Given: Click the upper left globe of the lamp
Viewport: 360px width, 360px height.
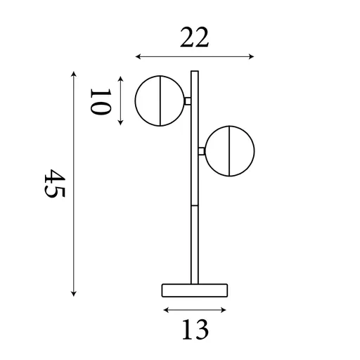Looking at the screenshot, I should click(x=161, y=101).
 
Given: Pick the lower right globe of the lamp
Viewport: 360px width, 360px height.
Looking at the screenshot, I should click(x=231, y=150).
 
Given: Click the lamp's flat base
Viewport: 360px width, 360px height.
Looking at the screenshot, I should click(x=195, y=290).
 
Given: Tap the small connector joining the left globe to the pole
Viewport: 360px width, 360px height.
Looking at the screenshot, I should click(x=187, y=101).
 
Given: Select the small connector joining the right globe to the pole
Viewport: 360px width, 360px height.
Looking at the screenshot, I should click(x=202, y=150).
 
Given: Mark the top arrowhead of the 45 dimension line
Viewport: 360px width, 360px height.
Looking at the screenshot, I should click(x=74, y=72).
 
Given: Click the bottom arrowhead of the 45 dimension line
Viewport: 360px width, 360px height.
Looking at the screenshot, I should click(x=74, y=294).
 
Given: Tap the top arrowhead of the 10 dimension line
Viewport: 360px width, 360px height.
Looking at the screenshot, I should click(x=122, y=78).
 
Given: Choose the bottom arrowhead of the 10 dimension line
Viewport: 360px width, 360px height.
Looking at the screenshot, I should click(x=122, y=123).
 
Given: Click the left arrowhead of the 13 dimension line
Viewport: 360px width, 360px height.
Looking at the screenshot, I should click(x=165, y=309).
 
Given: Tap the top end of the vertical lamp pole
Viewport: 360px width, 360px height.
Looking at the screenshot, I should click(x=195, y=72).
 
